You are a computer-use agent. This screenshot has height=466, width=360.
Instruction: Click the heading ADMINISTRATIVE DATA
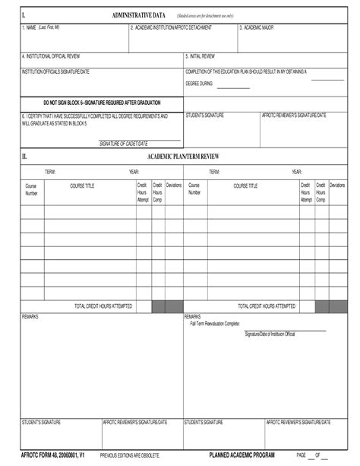click(x=139, y=14)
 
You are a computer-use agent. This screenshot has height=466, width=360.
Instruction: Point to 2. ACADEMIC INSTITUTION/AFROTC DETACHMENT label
click(x=170, y=27)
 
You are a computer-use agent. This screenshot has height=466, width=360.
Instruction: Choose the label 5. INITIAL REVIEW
click(x=201, y=57)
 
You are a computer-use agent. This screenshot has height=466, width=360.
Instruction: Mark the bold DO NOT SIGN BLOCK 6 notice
click(x=102, y=101)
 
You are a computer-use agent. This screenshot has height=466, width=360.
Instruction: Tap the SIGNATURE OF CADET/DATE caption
click(x=124, y=144)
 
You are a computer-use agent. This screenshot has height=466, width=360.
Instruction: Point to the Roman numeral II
click(x=24, y=156)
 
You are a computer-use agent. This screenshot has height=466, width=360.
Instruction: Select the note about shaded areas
click(x=205, y=15)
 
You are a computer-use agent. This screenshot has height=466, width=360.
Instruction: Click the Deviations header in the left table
click(x=174, y=185)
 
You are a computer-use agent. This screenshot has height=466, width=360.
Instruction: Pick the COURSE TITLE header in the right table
click(x=245, y=185)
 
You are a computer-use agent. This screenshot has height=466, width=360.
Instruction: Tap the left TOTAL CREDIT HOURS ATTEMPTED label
click(x=103, y=306)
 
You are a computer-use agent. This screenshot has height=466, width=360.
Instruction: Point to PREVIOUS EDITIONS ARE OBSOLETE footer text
click(x=130, y=455)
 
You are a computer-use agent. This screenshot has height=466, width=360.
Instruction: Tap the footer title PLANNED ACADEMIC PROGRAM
click(x=242, y=455)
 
